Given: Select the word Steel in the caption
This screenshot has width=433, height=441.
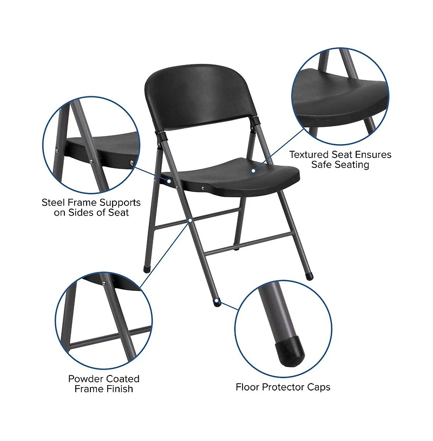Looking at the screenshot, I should (x=54, y=203).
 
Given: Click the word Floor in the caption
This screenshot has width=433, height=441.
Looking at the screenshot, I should (x=248, y=387).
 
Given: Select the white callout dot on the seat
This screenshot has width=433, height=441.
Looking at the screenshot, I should (x=253, y=171).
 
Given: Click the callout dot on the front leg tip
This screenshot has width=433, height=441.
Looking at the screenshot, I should (x=216, y=300).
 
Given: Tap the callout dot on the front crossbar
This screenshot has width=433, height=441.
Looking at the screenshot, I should (x=191, y=220).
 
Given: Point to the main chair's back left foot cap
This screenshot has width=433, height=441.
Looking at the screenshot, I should (x=147, y=268).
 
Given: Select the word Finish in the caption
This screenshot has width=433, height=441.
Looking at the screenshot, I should (x=119, y=388).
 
